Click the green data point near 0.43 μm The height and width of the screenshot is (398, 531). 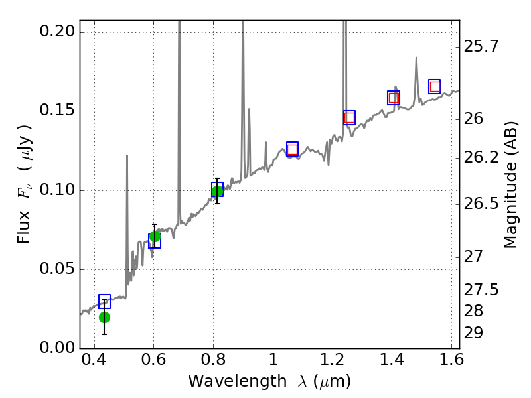(104, 317)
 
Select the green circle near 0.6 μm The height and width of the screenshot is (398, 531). (155, 237)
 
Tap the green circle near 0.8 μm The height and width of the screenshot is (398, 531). (217, 192)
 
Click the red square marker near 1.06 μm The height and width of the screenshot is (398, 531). (292, 149)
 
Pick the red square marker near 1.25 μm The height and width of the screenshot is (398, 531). (349, 118)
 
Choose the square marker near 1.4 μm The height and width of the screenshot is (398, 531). (394, 98)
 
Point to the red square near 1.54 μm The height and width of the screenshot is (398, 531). (435, 86)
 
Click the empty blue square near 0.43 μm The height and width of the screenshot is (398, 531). (104, 302)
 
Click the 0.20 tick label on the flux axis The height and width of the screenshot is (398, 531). (58, 32)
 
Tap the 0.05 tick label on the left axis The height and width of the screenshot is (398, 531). (58, 270)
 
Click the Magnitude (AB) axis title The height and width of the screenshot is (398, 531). (511, 184)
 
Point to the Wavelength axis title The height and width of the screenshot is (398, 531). (269, 381)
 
